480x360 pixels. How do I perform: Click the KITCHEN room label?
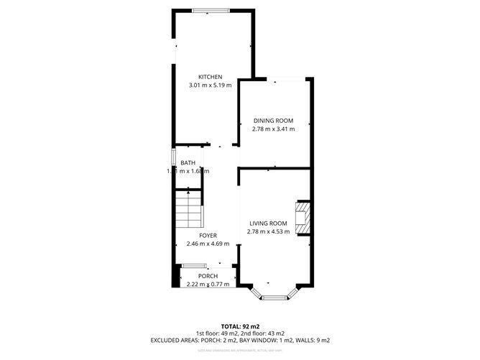[211, 77]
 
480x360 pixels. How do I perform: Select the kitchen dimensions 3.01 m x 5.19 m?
[211, 86]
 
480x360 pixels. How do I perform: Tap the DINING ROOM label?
[272, 121]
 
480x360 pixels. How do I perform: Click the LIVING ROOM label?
[269, 223]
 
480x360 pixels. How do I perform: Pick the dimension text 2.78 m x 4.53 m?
[269, 231]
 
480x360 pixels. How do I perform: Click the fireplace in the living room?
[304, 218]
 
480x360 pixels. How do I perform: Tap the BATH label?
[188, 163]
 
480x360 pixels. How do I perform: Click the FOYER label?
[208, 236]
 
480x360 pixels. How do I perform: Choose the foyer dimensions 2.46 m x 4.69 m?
[208, 244]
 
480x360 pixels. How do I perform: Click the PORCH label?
[208, 276]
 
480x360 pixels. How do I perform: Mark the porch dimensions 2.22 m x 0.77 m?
[208, 284]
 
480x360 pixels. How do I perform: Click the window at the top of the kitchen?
[212, 10]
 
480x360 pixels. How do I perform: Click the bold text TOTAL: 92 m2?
[239, 326]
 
